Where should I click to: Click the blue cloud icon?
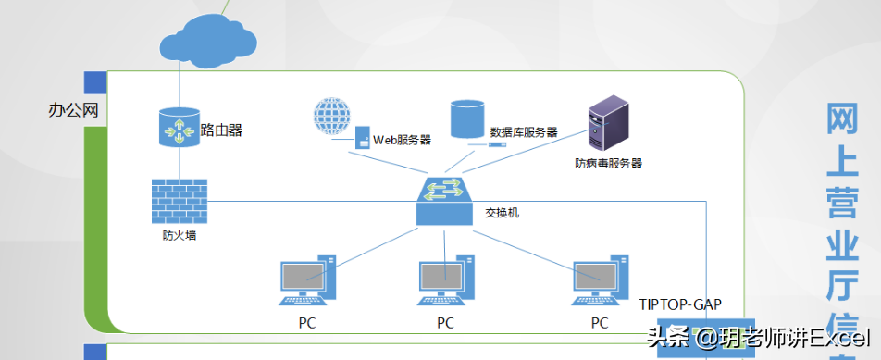click(208, 40)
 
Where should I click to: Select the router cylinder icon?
click(179, 128)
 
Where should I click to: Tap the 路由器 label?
click(222, 130)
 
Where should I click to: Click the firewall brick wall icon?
click(179, 199)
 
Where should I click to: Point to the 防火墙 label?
click(179, 235)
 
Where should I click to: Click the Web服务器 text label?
click(403, 141)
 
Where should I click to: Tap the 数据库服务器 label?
click(525, 132)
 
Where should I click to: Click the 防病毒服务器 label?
click(608, 164)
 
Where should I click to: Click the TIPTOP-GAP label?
click(680, 304)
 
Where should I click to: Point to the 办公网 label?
click(73, 110)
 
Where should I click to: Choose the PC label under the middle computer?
click(446, 323)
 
